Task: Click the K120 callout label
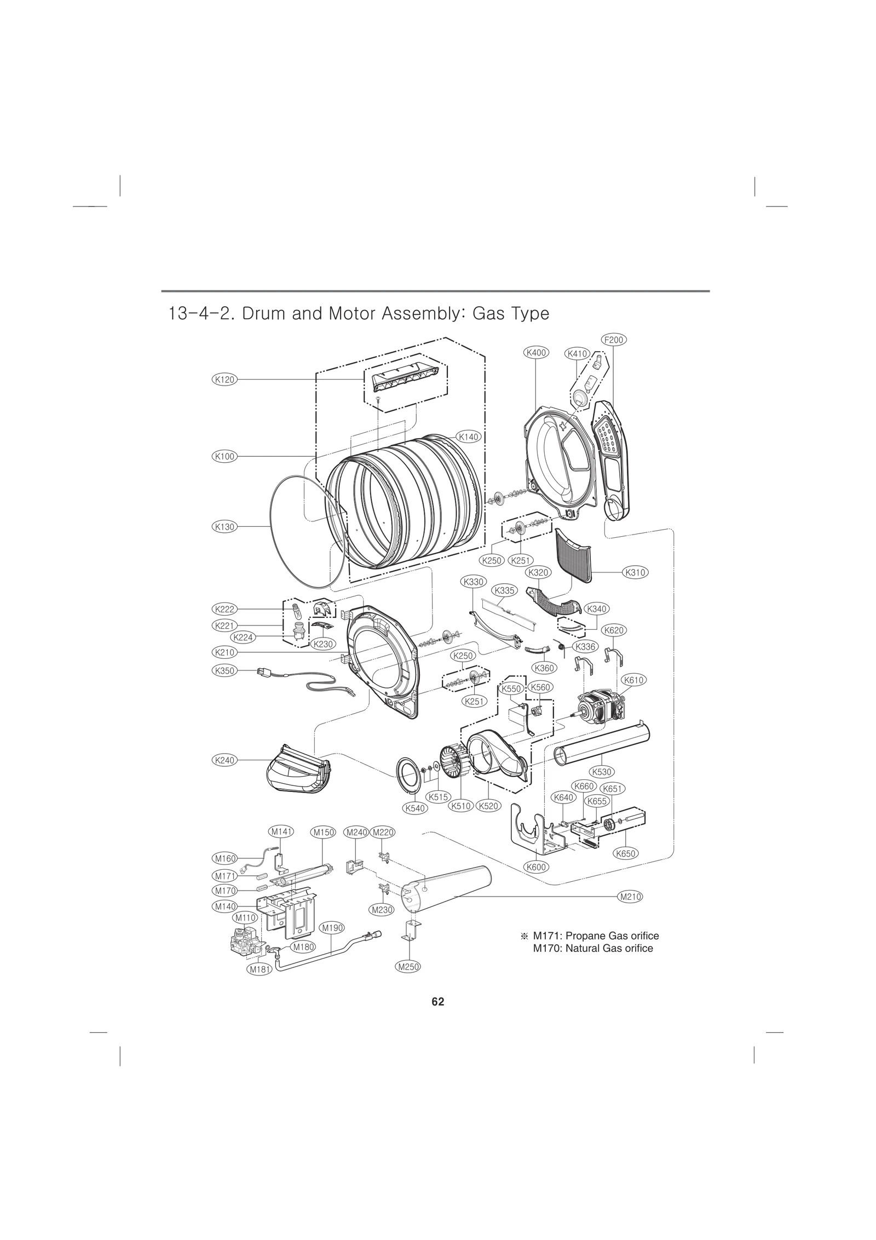224,379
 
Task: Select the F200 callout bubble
614,340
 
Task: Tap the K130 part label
224,527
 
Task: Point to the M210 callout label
629,897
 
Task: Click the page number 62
437,1002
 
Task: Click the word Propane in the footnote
580,935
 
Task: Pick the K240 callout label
224,760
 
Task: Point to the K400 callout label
536,353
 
